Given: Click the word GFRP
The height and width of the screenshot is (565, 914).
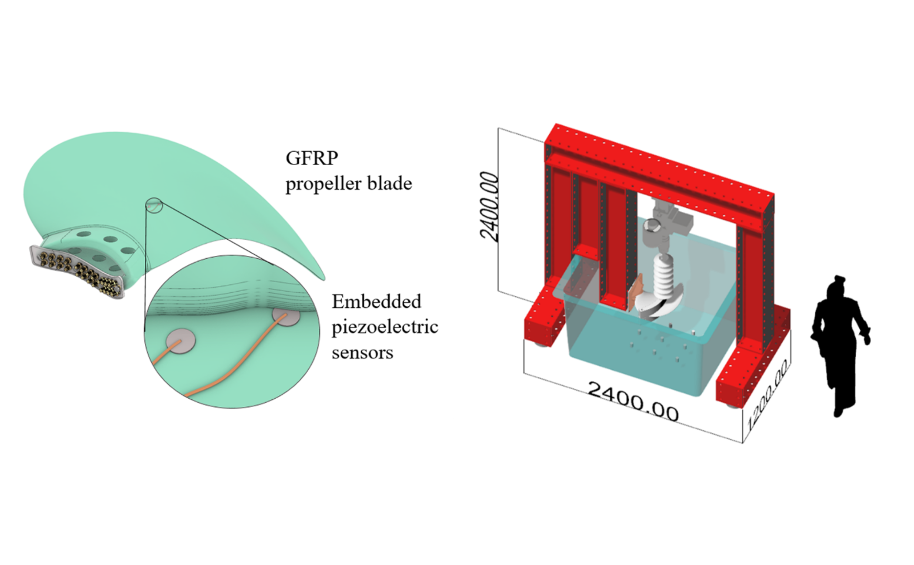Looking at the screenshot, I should tap(311, 158).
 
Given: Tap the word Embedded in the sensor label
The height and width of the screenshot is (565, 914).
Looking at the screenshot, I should tap(376, 301).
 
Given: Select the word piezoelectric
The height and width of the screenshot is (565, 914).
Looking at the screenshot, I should tap(385, 327).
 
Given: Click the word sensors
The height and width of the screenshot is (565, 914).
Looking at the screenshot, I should tap(362, 352).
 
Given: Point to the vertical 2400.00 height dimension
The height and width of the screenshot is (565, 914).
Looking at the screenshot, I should tap(489, 206).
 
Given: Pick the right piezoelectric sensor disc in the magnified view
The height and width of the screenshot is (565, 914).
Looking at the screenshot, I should tap(286, 316).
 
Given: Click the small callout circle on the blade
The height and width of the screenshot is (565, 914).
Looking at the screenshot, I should tap(154, 205).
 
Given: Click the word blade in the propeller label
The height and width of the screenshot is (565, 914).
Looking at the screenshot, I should tap(390, 184).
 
